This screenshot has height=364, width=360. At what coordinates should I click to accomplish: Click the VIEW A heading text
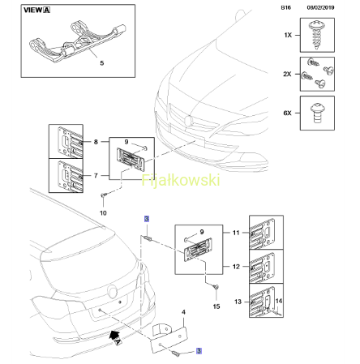click(x=36, y=11)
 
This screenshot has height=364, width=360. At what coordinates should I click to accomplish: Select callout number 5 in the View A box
click(x=102, y=63)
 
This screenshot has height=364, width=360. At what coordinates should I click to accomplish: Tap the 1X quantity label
click(x=288, y=35)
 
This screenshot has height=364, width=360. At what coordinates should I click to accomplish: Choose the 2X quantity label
click(x=287, y=74)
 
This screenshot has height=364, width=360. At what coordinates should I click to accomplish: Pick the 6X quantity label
click(x=287, y=113)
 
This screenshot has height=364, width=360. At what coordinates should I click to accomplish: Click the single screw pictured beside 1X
click(x=316, y=35)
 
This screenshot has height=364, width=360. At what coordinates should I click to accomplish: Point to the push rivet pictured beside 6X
click(x=317, y=113)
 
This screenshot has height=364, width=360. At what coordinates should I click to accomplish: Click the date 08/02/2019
click(x=320, y=7)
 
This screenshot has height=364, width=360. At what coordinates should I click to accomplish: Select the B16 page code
click(x=286, y=7)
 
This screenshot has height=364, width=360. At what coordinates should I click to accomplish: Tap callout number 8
click(x=96, y=142)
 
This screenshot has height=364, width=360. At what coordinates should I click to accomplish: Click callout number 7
click(x=96, y=176)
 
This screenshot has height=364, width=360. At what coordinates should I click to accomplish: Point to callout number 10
click(x=103, y=213)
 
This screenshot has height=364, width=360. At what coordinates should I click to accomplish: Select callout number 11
click(x=236, y=233)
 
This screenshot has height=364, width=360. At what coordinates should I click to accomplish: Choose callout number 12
click(x=236, y=267)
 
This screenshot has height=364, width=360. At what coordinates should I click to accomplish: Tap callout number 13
click(x=238, y=302)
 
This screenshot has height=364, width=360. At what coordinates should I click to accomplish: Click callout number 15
click(x=216, y=306)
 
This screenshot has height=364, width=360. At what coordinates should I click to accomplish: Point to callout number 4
click(x=183, y=312)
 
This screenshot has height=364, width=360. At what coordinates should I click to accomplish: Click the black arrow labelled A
click(x=114, y=336)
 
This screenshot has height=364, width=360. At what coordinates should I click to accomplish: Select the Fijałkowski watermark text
click(x=181, y=180)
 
